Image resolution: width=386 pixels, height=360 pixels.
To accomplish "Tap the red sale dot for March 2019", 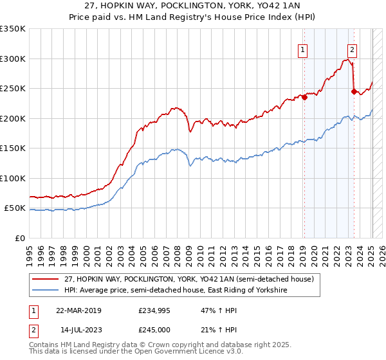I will (304, 98).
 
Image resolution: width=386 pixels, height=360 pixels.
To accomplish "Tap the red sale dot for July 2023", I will (354, 91).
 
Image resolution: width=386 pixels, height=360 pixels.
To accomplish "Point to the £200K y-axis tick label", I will (13, 118).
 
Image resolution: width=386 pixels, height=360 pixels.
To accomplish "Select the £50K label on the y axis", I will (15, 208).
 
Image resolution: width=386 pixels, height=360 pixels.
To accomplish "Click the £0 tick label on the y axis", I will (20, 238).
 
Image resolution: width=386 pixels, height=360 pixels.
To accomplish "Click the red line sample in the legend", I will (46, 279).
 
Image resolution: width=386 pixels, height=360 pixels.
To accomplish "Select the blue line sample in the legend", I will (46, 291).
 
